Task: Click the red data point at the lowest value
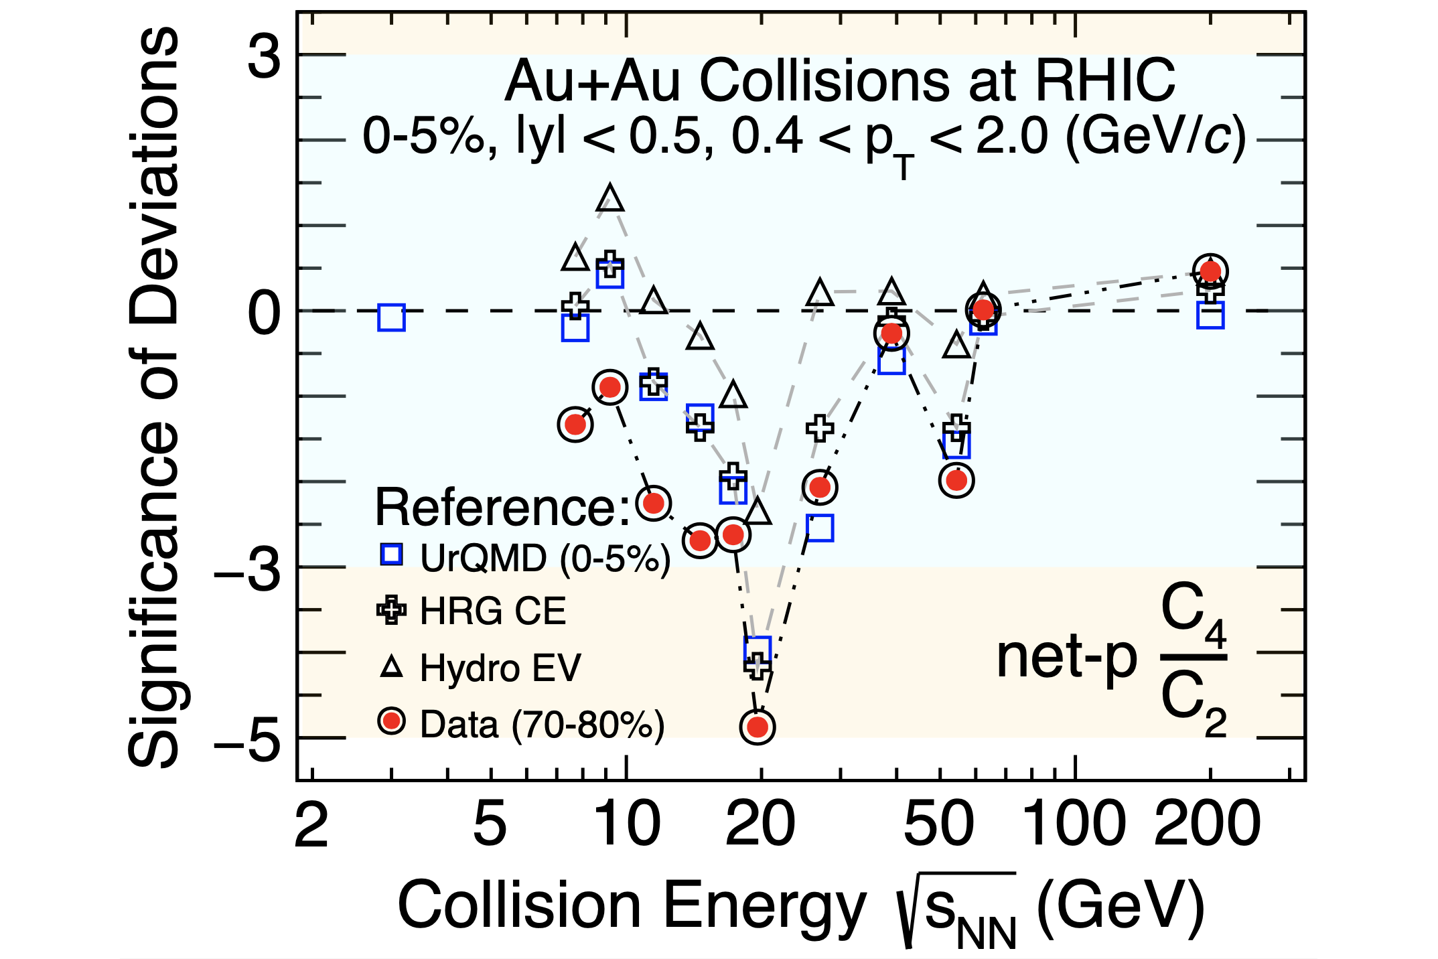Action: tap(758, 727)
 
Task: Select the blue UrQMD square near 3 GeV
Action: tap(391, 317)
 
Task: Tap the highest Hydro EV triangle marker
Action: tap(610, 198)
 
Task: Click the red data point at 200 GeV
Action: tap(1210, 271)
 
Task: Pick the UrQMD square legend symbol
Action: tap(391, 555)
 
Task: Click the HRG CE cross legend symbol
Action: tap(391, 611)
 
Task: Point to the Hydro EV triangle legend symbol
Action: tap(391, 667)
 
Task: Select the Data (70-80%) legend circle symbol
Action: tap(391, 722)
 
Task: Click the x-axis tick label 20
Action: tap(760, 825)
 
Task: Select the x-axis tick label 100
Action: tap(1075, 825)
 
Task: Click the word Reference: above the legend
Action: tap(502, 508)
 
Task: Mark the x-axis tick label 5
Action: tap(490, 825)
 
